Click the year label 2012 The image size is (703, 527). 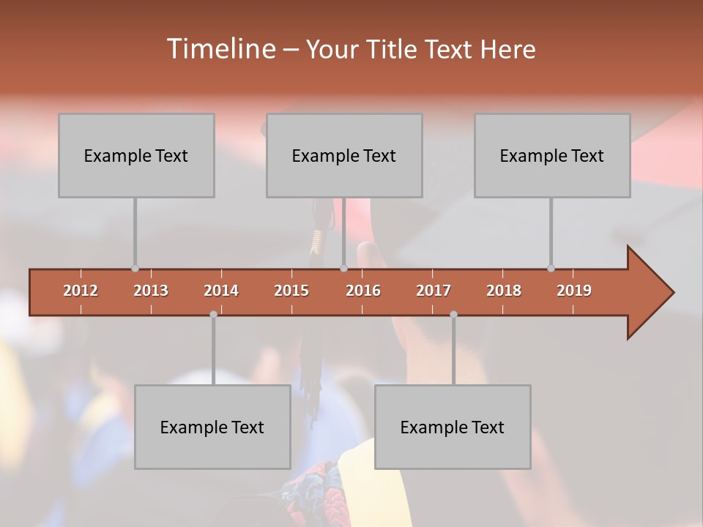[81, 291]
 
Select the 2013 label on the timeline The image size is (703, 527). [151, 291]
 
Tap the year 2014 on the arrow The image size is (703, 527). [221, 291]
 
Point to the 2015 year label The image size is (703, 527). [291, 291]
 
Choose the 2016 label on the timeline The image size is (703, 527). [363, 291]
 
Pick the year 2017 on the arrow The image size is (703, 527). [434, 291]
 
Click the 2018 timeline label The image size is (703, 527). [504, 291]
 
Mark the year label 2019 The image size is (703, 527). [574, 291]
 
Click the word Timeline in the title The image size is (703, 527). [220, 49]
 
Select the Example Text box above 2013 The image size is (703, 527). [136, 155]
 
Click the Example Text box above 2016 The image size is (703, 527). [344, 155]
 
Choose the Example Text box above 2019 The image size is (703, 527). [552, 155]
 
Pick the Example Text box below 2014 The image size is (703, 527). [212, 427]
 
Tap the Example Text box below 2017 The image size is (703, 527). [453, 427]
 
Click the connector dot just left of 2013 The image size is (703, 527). [135, 269]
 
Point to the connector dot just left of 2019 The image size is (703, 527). [551, 269]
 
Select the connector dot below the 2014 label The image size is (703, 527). [213, 314]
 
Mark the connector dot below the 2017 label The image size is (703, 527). [453, 314]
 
